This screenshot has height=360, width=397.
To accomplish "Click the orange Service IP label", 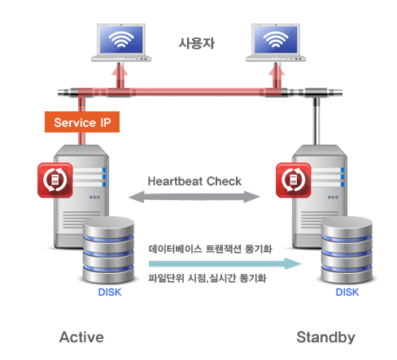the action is click(82, 122).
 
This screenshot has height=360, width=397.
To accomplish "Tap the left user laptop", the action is click(121, 42).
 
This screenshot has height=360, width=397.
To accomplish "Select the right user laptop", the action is click(276, 42).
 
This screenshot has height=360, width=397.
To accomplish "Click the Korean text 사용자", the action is click(197, 43).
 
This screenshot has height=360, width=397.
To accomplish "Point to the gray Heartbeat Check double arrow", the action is click(194, 197).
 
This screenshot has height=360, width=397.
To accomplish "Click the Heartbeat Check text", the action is click(194, 181).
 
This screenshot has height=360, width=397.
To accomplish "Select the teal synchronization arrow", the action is click(225, 263).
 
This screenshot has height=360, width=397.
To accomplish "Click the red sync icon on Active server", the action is click(55, 180).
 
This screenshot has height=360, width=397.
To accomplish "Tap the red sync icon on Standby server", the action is click(294, 180).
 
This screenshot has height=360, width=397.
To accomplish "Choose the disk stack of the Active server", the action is click(108, 249).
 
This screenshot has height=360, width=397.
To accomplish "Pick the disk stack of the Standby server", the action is click(347, 249).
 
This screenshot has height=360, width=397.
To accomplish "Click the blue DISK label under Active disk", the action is click(110, 292).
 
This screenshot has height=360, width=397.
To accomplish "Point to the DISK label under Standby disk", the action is click(347, 292).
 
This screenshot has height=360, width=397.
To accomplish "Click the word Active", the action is click(81, 337).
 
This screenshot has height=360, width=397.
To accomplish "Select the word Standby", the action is click(325, 337).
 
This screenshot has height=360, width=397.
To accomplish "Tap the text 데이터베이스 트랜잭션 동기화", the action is click(210, 249).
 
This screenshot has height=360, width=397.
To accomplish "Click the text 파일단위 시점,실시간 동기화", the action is click(207, 278).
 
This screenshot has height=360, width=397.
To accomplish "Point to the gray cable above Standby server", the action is click(316, 121).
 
